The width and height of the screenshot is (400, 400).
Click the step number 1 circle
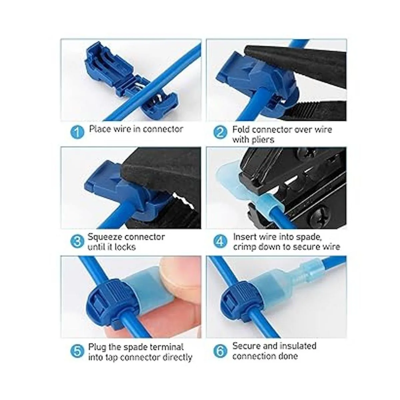(77, 132)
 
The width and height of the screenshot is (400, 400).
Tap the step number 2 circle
(221, 132)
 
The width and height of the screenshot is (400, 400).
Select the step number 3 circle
(77, 242)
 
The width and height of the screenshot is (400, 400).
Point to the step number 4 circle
(221, 242)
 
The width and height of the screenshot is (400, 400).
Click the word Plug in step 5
(97, 347)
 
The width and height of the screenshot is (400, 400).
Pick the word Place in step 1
(100, 129)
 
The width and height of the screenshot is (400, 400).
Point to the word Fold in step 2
(241, 130)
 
